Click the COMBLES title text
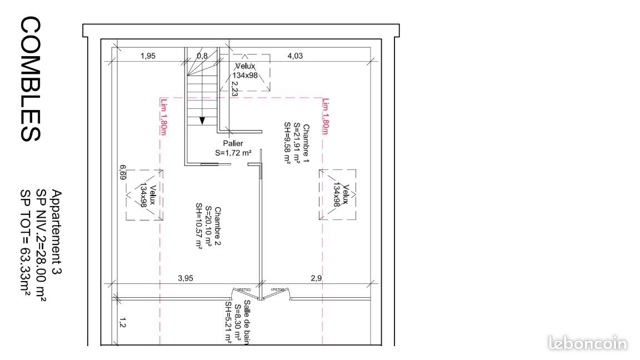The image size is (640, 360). [x=31, y=79]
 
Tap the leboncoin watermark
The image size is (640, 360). [x=587, y=343]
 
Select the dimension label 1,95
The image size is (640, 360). [x=148, y=56]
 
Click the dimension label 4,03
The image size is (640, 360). [x=294, y=56]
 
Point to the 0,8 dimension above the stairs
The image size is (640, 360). [x=202, y=56]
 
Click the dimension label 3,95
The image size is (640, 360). [x=185, y=278]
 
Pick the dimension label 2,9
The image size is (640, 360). [x=316, y=278]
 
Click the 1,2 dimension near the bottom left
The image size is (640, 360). [x=122, y=321]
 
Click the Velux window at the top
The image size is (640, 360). [x=245, y=72]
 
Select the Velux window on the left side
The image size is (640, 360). [x=144, y=195]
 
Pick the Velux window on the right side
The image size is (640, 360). [x=337, y=195]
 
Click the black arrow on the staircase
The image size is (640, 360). [x=202, y=120]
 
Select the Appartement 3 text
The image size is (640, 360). [x=56, y=233]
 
